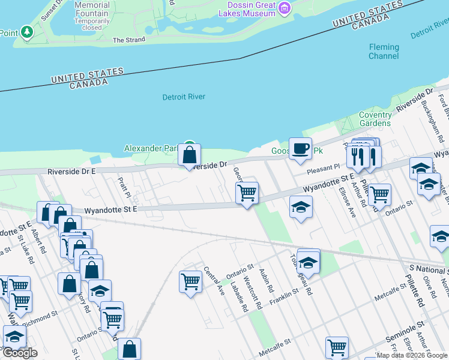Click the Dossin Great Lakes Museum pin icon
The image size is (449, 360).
(x=285, y=8)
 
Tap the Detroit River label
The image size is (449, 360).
(x=184, y=97)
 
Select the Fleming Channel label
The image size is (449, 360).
(x=384, y=52)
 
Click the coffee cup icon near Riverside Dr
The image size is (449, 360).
(x=300, y=148)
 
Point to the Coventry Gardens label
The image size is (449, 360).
(x=375, y=119)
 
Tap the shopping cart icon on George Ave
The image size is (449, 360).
(x=247, y=193)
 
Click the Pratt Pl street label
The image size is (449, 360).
(x=125, y=187)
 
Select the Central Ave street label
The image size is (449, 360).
(x=214, y=281)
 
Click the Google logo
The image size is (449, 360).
(x=20, y=353)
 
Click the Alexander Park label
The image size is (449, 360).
(x=151, y=148)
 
